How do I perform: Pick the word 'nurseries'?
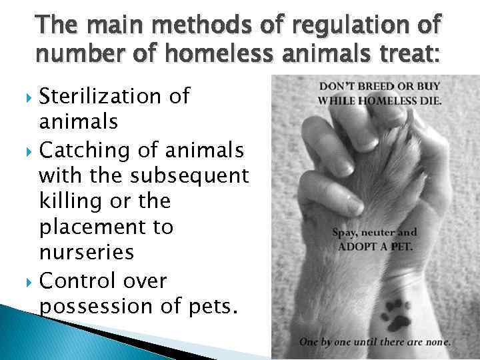point(87,253)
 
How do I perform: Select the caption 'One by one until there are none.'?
point(375,343)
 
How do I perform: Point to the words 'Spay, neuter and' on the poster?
point(375,233)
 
